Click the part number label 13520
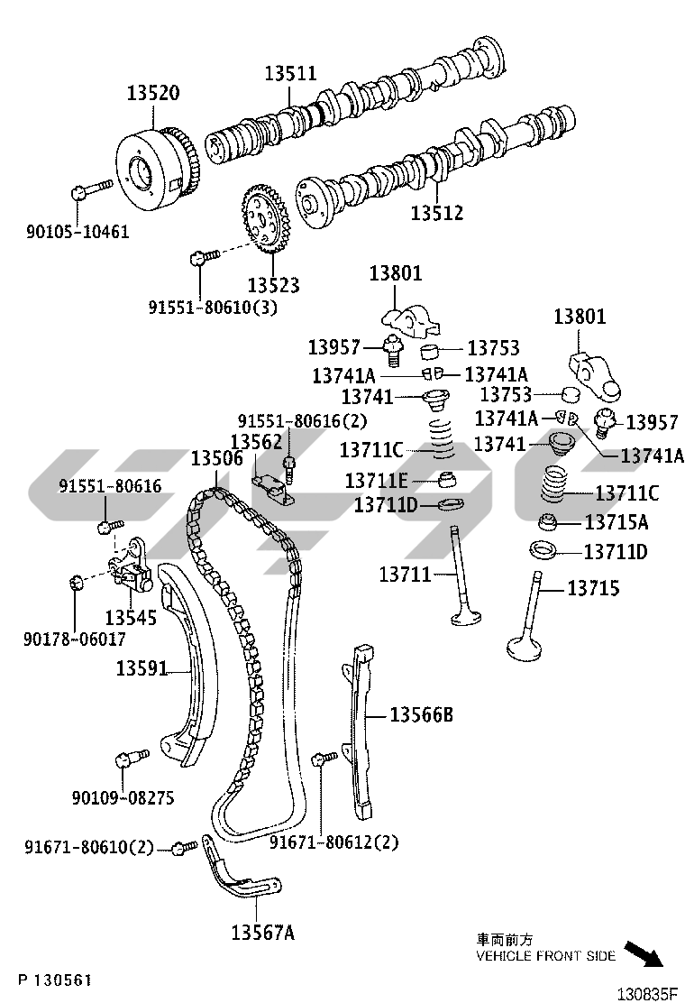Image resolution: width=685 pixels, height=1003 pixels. click(x=152, y=93)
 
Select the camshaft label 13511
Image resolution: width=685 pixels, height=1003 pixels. click(x=290, y=73)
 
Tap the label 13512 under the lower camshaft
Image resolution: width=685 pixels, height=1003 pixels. click(x=437, y=213)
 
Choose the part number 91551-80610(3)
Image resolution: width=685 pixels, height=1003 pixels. click(x=213, y=307)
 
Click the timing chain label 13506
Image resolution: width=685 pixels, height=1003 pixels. click(x=216, y=458)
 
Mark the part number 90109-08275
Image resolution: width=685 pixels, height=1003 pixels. click(x=123, y=798)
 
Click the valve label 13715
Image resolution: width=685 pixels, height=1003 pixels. click(x=593, y=588)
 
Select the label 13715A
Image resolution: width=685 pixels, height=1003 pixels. click(x=617, y=522)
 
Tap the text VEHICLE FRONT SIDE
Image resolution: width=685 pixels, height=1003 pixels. click(x=546, y=955)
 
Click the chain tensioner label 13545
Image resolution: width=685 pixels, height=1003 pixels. click(x=131, y=617)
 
